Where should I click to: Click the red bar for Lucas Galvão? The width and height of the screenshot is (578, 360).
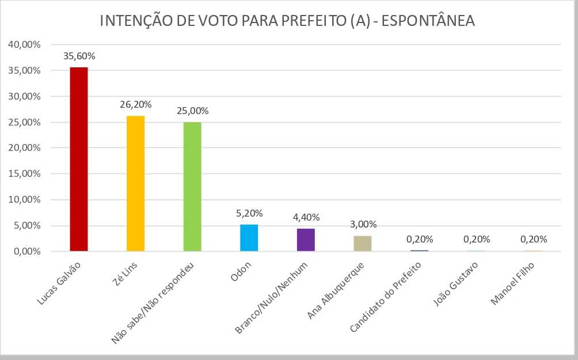pyautogui.click(x=78, y=159)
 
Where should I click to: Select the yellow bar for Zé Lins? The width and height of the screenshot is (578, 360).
pyautogui.click(x=135, y=183)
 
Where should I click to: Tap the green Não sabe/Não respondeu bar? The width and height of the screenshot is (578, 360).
pyautogui.click(x=192, y=187)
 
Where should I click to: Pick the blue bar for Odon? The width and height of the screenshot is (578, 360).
pyautogui.click(x=249, y=237)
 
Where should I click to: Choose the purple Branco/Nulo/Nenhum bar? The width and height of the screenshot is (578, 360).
pyautogui.click(x=306, y=240)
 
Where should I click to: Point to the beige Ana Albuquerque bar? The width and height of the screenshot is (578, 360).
pyautogui.click(x=362, y=243)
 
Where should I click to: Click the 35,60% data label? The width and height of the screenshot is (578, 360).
pyautogui.click(x=79, y=56)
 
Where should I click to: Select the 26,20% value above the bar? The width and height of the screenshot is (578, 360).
pyautogui.click(x=135, y=105)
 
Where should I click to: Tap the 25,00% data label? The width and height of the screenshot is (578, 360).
pyautogui.click(x=192, y=111)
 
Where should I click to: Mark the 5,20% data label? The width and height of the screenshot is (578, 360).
pyautogui.click(x=249, y=213)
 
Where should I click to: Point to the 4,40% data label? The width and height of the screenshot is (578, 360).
pyautogui.click(x=306, y=218)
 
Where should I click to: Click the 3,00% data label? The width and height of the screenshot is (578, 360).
pyautogui.click(x=362, y=225)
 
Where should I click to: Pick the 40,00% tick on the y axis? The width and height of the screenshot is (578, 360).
pyautogui.click(x=24, y=44)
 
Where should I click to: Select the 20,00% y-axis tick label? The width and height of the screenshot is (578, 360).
pyautogui.click(x=24, y=148)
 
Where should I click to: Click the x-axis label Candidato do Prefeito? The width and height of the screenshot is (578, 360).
pyautogui.click(x=386, y=297)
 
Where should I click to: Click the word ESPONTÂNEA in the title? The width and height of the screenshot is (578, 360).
pyautogui.click(x=428, y=21)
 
